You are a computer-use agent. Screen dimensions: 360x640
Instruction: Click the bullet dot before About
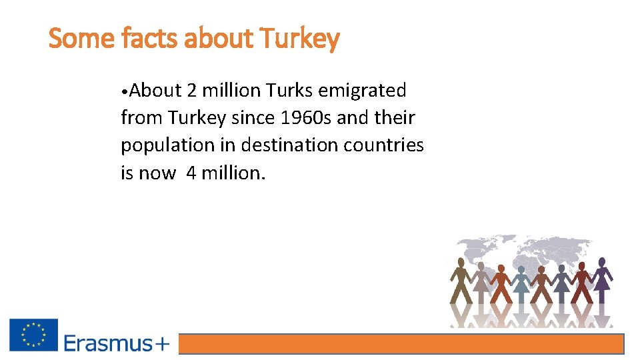[x=125, y=90]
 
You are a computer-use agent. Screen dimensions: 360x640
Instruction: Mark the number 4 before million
[x=191, y=173]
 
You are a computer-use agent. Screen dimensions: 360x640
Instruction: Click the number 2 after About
[x=193, y=89]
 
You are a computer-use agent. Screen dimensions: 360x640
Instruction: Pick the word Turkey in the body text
[x=197, y=117]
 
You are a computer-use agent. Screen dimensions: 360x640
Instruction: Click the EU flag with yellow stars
[x=33, y=335]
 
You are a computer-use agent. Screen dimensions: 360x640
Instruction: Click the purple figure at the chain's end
[x=601, y=280]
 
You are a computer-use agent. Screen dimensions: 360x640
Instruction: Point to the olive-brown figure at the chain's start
[x=460, y=280]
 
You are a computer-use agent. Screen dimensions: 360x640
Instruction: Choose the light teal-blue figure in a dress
[x=521, y=280]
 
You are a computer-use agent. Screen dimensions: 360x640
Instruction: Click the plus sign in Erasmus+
[x=163, y=344]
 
